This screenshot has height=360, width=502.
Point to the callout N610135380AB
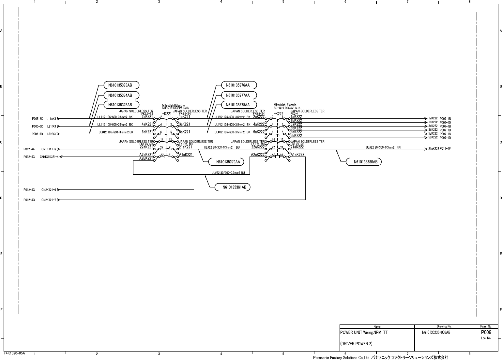click(363, 162)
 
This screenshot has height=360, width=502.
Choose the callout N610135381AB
click(232, 187)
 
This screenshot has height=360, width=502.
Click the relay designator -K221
click(167, 114)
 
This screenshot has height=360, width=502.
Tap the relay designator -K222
click(278, 114)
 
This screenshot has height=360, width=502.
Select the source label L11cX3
click(51, 119)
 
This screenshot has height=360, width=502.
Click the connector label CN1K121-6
click(49, 149)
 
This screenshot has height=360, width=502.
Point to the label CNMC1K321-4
click(49, 157)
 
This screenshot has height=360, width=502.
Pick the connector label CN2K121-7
click(49, 200)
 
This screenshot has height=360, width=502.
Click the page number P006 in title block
click(486, 332)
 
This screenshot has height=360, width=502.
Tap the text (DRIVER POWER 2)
click(356, 344)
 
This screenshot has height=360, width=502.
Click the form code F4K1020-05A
click(14, 353)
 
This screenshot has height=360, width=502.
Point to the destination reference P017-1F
click(445, 149)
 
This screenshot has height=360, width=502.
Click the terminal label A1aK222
click(297, 155)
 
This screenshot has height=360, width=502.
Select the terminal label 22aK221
click(146, 147)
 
